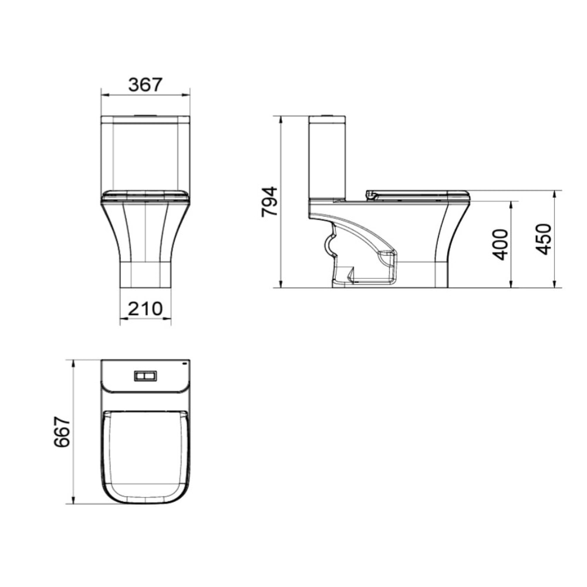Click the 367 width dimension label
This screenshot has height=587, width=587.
(x=145, y=85)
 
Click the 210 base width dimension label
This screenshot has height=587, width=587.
(x=145, y=308)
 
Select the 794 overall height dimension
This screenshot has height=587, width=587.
(x=269, y=203)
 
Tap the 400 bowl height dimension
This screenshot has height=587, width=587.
(x=500, y=244)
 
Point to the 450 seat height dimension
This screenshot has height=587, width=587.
(x=544, y=239)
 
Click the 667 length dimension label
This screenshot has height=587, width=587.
(x=62, y=431)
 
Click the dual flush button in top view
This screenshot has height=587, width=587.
(x=145, y=376)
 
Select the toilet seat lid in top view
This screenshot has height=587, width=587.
(x=145, y=455)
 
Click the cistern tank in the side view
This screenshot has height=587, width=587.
(x=327, y=158)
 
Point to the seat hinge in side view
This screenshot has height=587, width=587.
(x=370, y=194)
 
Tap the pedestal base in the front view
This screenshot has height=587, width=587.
(x=145, y=273)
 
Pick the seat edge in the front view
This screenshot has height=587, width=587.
(x=145, y=194)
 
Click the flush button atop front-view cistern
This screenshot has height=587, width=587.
(x=145, y=114)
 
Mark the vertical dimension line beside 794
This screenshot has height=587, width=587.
(x=282, y=203)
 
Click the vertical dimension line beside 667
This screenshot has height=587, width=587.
(x=73, y=431)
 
